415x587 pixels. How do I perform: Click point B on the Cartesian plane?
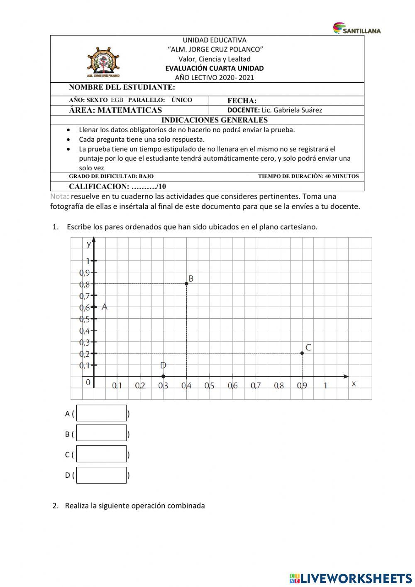point(186,283)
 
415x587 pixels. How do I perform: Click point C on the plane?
point(302,353)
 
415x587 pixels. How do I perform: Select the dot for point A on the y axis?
point(94,307)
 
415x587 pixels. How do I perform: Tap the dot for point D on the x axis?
point(163,376)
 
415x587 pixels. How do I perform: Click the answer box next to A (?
point(101,413)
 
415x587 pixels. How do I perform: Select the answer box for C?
point(101,454)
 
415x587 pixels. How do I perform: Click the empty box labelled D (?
point(101,475)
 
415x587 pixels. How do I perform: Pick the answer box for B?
point(101,433)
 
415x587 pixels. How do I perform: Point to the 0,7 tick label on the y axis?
point(84,296)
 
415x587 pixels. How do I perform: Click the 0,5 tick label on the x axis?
point(209,386)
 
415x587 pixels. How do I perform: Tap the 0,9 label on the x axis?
point(302,386)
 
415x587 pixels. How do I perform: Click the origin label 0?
point(88,383)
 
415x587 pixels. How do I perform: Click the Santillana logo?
point(357,28)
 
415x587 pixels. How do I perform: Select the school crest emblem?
point(103,61)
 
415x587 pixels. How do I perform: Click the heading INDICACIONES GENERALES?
point(214,120)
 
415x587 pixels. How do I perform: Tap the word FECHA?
point(242,101)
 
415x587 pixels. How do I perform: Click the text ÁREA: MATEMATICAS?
point(115,110)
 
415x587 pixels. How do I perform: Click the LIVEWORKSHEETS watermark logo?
point(351,578)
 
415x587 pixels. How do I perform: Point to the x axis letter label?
point(354,384)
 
